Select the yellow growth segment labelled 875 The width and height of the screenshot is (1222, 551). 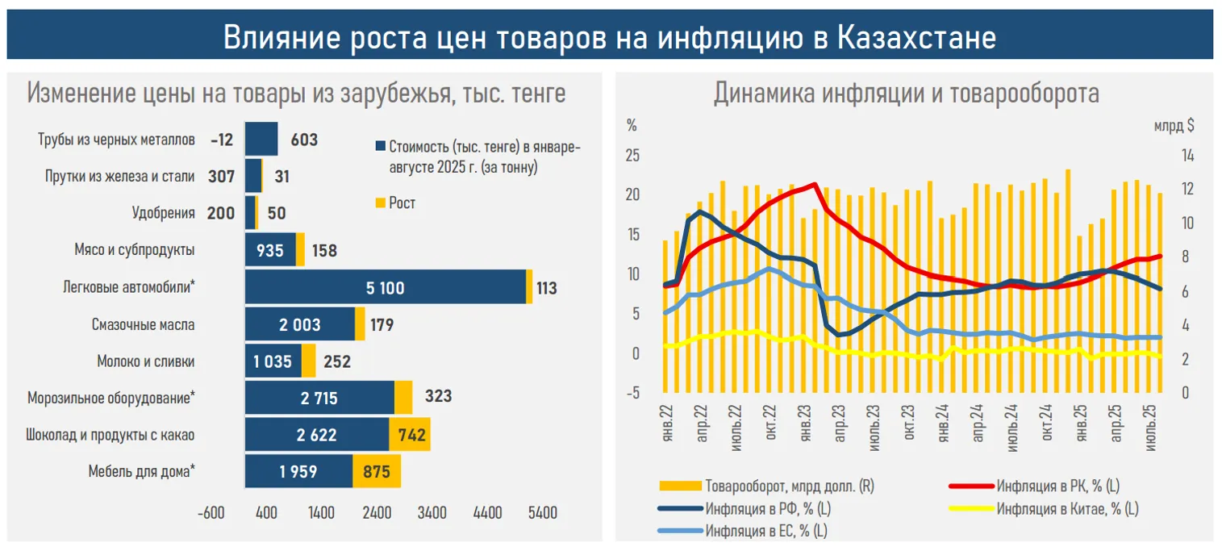(377, 473)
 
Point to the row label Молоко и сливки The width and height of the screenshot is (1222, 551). (146, 361)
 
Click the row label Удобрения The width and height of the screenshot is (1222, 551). (164, 213)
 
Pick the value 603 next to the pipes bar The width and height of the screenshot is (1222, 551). (304, 140)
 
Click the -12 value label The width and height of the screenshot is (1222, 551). (221, 140)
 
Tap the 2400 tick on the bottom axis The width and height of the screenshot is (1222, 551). (377, 512)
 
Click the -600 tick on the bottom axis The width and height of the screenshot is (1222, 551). (211, 512)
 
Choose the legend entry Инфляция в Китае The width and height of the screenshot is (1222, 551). (1067, 508)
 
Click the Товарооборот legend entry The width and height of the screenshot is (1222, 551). (789, 486)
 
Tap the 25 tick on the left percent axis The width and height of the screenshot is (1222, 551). (633, 156)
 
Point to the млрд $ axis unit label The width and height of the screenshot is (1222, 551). (1174, 126)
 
